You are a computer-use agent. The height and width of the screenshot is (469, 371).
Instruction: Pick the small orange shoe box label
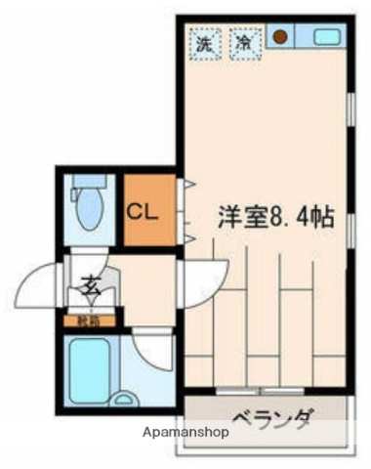click(x=89, y=320)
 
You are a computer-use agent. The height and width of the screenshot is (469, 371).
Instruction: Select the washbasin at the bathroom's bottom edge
click(x=123, y=399)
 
